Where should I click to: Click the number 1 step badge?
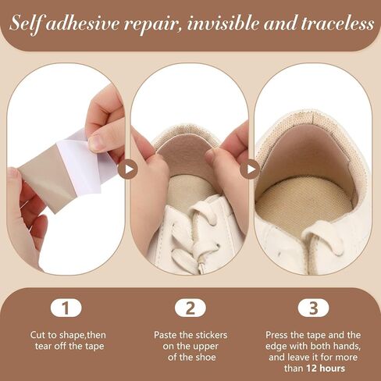pyautogui.click(x=66, y=308)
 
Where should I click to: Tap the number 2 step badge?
pyautogui.click(x=190, y=308)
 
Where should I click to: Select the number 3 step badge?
pyautogui.click(x=314, y=308)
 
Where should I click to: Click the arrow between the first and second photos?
pyautogui.click(x=127, y=169)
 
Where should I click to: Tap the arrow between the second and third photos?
pyautogui.click(x=250, y=169)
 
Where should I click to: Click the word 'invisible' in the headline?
pyautogui.click(x=223, y=23)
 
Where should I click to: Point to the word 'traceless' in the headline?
pyautogui.click(x=337, y=23)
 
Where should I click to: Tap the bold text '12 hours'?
pyautogui.click(x=326, y=369)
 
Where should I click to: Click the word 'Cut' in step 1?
pyautogui.click(x=37, y=335)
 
